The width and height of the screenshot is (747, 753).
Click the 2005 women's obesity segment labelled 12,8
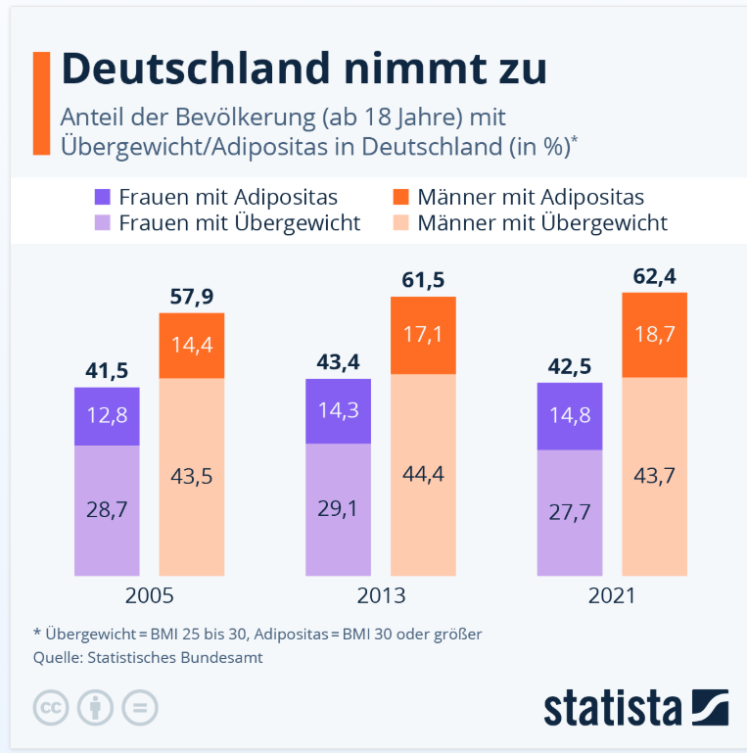tap(107, 416)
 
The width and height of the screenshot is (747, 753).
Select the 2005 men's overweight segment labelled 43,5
tap(192, 477)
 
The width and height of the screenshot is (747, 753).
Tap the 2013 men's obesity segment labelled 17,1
tap(423, 335)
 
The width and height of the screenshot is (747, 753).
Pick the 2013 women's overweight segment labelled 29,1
tap(338, 509)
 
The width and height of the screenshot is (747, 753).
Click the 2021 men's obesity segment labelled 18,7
tap(654, 335)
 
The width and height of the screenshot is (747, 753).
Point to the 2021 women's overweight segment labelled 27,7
tap(569, 513)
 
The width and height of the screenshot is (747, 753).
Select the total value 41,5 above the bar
tap(107, 370)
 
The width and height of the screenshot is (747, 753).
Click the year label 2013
tap(381, 596)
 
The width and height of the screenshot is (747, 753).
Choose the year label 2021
tap(612, 596)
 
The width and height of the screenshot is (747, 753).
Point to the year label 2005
tap(150, 596)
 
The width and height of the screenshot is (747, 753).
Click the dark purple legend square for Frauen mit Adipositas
tap(101, 197)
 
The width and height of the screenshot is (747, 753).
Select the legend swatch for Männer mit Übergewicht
tap(399, 223)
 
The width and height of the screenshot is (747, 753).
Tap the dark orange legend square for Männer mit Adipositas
tap(399, 197)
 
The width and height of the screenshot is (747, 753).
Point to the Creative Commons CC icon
tap(50, 707)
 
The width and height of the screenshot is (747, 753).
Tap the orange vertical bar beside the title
tap(40, 104)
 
